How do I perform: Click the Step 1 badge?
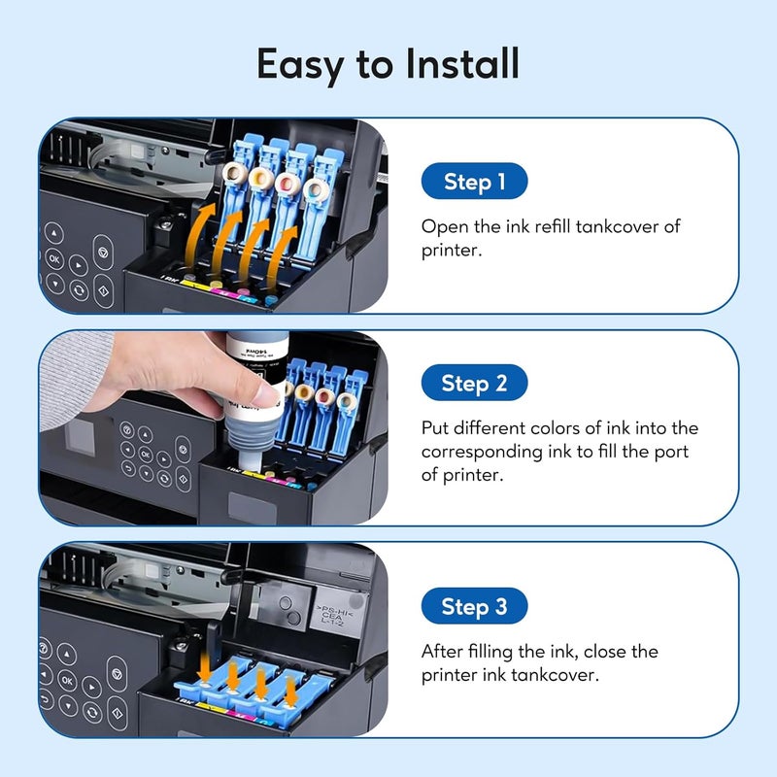click(474, 181)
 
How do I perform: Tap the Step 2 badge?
click(474, 383)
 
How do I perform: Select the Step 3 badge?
click(474, 606)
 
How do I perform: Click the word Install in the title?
click(462, 63)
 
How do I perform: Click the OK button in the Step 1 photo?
click(54, 258)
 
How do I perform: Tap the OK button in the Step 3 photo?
click(68, 681)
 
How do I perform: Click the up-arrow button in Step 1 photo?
click(54, 233)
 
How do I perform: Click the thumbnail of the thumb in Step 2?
click(266, 395)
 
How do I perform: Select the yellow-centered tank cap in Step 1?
click(259, 177)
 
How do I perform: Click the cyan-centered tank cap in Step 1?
click(314, 189)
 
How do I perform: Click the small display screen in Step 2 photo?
click(80, 438)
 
